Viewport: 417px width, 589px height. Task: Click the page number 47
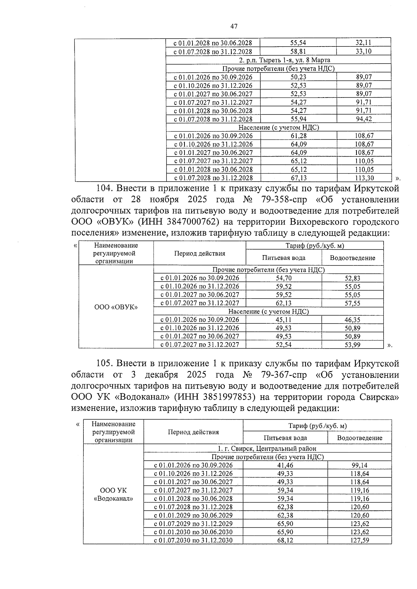[x=234, y=26]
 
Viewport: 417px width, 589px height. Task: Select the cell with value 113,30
[x=364, y=178]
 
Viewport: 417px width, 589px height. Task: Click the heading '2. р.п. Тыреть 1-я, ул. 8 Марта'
[x=278, y=60]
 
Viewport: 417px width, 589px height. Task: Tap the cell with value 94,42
[x=364, y=119]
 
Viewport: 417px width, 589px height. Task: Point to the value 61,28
[x=298, y=136]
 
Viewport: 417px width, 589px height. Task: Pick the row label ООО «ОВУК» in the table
[x=116, y=307]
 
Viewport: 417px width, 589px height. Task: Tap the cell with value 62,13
[x=284, y=303]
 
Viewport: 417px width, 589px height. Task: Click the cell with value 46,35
[x=352, y=320]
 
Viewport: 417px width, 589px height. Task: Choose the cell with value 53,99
[x=352, y=345]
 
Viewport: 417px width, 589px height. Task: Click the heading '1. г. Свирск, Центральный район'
[x=267, y=448]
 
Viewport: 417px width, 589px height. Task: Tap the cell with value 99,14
[x=359, y=465]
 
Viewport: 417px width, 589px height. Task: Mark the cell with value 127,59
[x=359, y=540]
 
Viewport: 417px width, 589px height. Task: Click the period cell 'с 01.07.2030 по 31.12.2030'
[x=193, y=540]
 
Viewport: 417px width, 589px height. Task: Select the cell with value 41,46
[x=285, y=465]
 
